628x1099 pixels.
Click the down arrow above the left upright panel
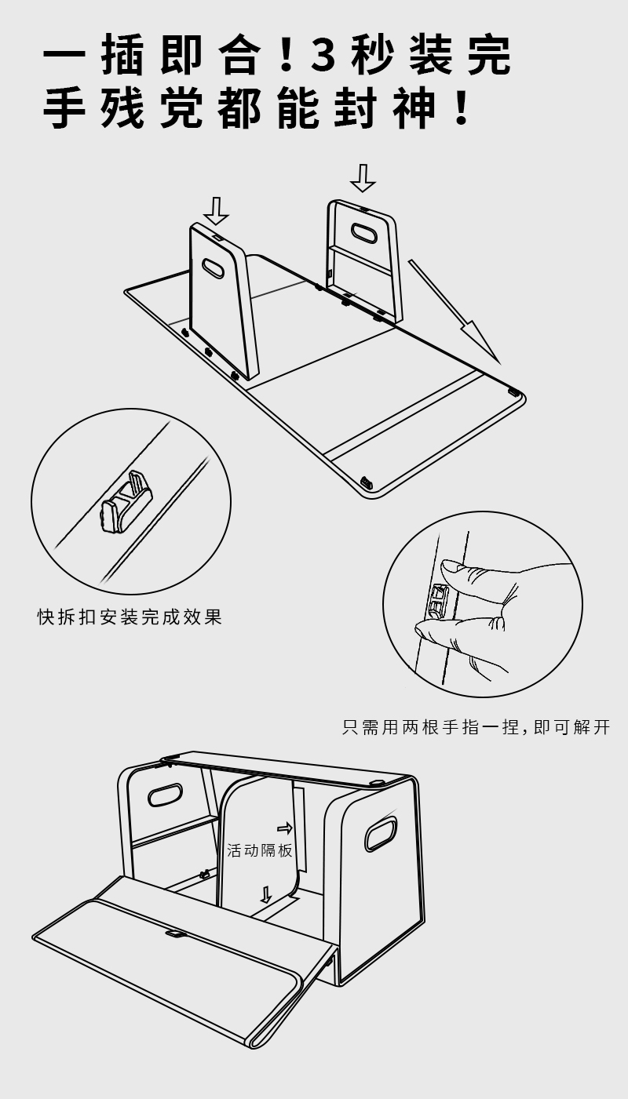pyautogui.click(x=215, y=210)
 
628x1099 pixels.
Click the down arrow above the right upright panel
pyautogui.click(x=362, y=178)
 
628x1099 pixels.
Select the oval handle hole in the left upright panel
pyautogui.click(x=213, y=268)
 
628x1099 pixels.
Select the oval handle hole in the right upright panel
pyautogui.click(x=363, y=233)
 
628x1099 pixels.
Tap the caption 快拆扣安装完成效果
pyautogui.click(x=130, y=617)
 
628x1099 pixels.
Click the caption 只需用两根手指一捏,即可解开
pyautogui.click(x=476, y=727)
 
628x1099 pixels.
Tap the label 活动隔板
pyautogui.click(x=260, y=850)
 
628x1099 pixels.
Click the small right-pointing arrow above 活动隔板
pyautogui.click(x=284, y=828)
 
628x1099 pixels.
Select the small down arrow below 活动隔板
pyautogui.click(x=266, y=894)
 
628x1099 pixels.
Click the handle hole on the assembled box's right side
pyautogui.click(x=381, y=833)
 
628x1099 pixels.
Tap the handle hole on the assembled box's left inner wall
pyautogui.click(x=165, y=795)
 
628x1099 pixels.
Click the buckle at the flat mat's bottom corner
pyautogui.click(x=365, y=481)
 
